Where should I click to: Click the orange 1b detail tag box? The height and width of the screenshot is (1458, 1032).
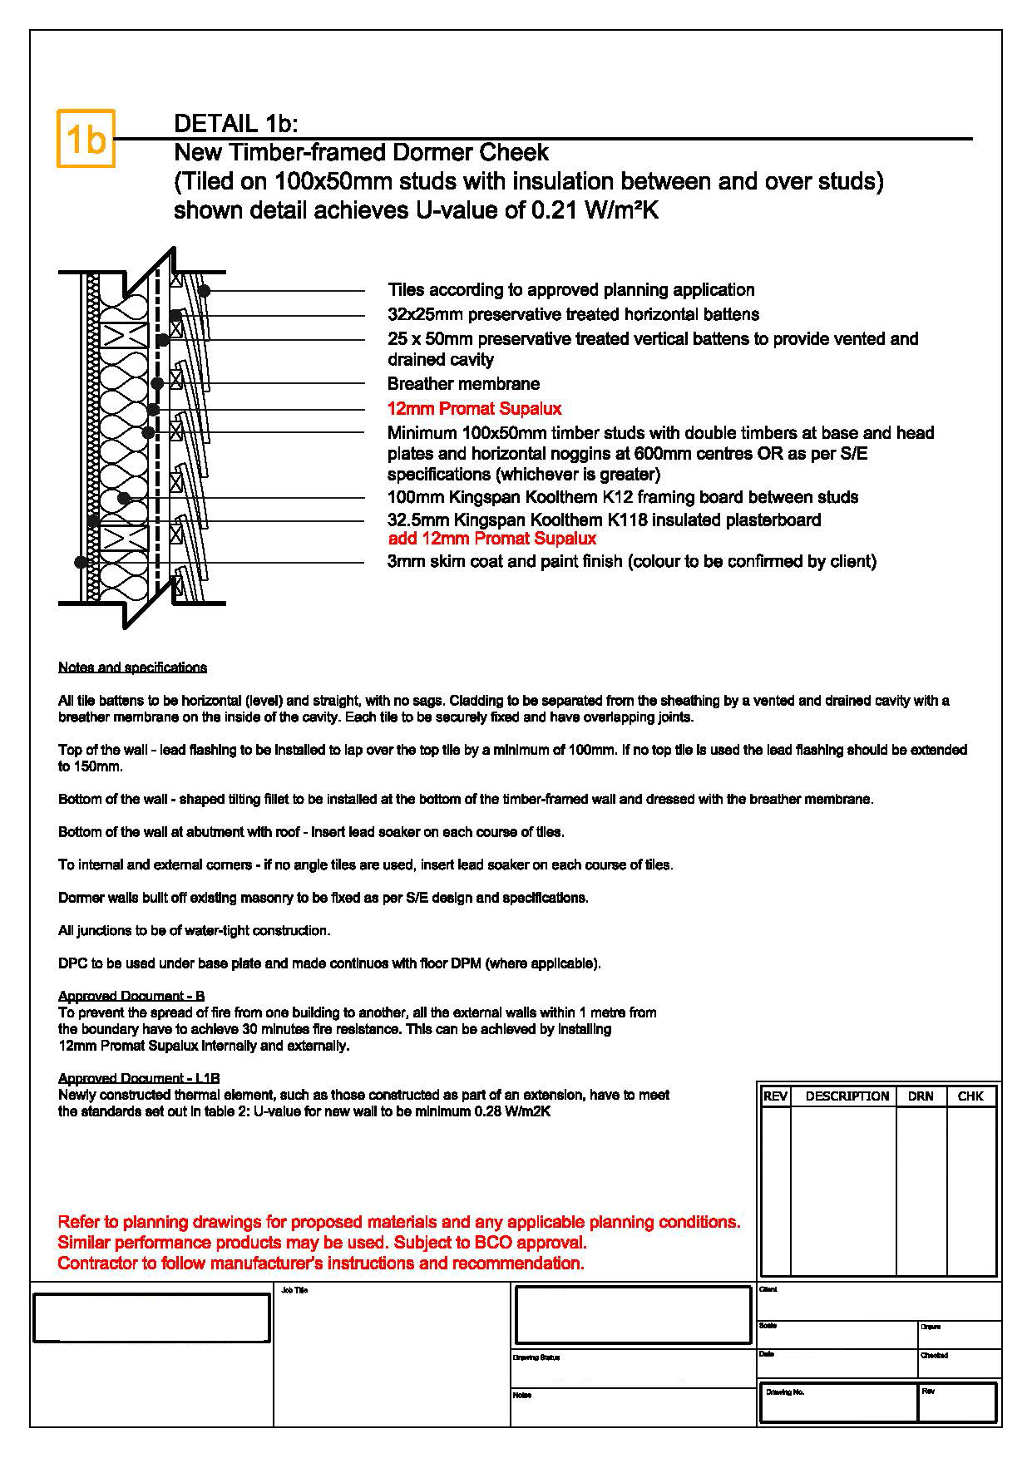click(x=85, y=139)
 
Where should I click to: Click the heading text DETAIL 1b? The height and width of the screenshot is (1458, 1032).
click(x=235, y=124)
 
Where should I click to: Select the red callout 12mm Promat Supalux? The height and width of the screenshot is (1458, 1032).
click(x=474, y=408)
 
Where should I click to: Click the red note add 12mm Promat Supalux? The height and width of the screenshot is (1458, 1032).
click(x=492, y=539)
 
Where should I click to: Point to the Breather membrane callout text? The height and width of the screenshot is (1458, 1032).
click(x=463, y=383)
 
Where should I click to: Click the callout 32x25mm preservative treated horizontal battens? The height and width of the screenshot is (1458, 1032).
click(x=573, y=314)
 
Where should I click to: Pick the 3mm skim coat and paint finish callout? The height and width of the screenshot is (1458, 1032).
click(x=631, y=561)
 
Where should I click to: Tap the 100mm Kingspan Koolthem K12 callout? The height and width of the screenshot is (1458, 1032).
click(x=622, y=497)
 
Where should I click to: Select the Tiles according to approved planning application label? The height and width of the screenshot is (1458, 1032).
click(x=570, y=290)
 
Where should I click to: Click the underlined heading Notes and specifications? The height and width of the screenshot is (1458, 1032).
click(x=132, y=667)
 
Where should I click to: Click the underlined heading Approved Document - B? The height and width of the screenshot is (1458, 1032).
click(x=131, y=996)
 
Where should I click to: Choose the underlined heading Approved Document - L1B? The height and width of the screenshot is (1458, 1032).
click(x=139, y=1078)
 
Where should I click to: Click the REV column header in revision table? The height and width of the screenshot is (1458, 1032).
click(x=775, y=1096)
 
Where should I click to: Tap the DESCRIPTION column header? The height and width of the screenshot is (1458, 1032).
click(x=847, y=1096)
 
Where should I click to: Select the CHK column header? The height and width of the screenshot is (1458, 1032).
click(x=970, y=1096)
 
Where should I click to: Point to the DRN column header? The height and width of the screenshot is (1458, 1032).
click(x=921, y=1096)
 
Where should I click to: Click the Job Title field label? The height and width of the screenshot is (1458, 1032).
click(x=294, y=1290)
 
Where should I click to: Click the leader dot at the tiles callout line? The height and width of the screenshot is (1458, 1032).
click(x=204, y=290)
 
